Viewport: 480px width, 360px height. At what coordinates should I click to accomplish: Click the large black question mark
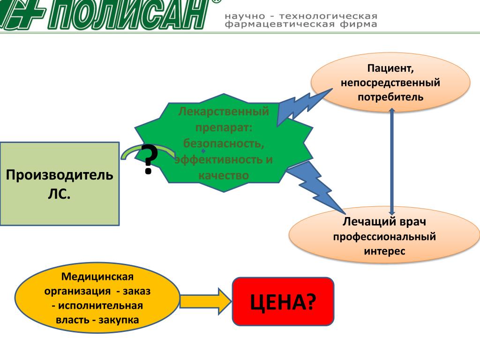(150, 159)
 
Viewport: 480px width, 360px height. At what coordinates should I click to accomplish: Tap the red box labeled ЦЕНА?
(283, 301)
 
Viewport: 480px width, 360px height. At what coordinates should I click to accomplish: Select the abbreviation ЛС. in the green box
(59, 193)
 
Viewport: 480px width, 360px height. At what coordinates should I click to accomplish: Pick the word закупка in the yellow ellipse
(120, 320)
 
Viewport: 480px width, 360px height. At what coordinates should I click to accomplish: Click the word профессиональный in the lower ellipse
(384, 236)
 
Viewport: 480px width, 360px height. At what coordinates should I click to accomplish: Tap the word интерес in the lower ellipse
(384, 251)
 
